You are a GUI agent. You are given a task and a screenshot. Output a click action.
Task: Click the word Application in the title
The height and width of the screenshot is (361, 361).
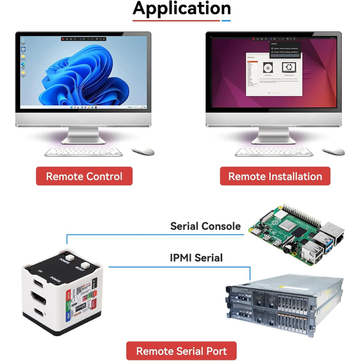[x=181, y=9]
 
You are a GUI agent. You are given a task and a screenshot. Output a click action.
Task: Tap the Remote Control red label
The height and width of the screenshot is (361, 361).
[x=84, y=176]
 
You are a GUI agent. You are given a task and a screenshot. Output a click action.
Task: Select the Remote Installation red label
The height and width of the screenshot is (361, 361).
[x=275, y=176]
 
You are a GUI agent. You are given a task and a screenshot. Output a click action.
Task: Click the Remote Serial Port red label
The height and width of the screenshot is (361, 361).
[x=181, y=351]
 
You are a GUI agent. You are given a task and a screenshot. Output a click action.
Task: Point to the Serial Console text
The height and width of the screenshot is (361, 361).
[x=205, y=226]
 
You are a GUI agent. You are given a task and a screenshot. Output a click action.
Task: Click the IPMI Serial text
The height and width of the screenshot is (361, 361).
[x=196, y=258]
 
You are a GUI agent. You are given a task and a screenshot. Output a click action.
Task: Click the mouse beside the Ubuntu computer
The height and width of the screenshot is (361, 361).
[x=333, y=151]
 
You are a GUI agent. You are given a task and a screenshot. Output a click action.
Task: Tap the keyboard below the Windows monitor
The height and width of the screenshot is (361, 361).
[x=84, y=152]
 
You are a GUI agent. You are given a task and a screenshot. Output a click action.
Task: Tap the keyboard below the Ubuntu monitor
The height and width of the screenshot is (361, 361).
[x=274, y=152]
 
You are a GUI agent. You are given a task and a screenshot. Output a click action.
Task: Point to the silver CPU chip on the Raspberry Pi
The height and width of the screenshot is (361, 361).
[x=286, y=227]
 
